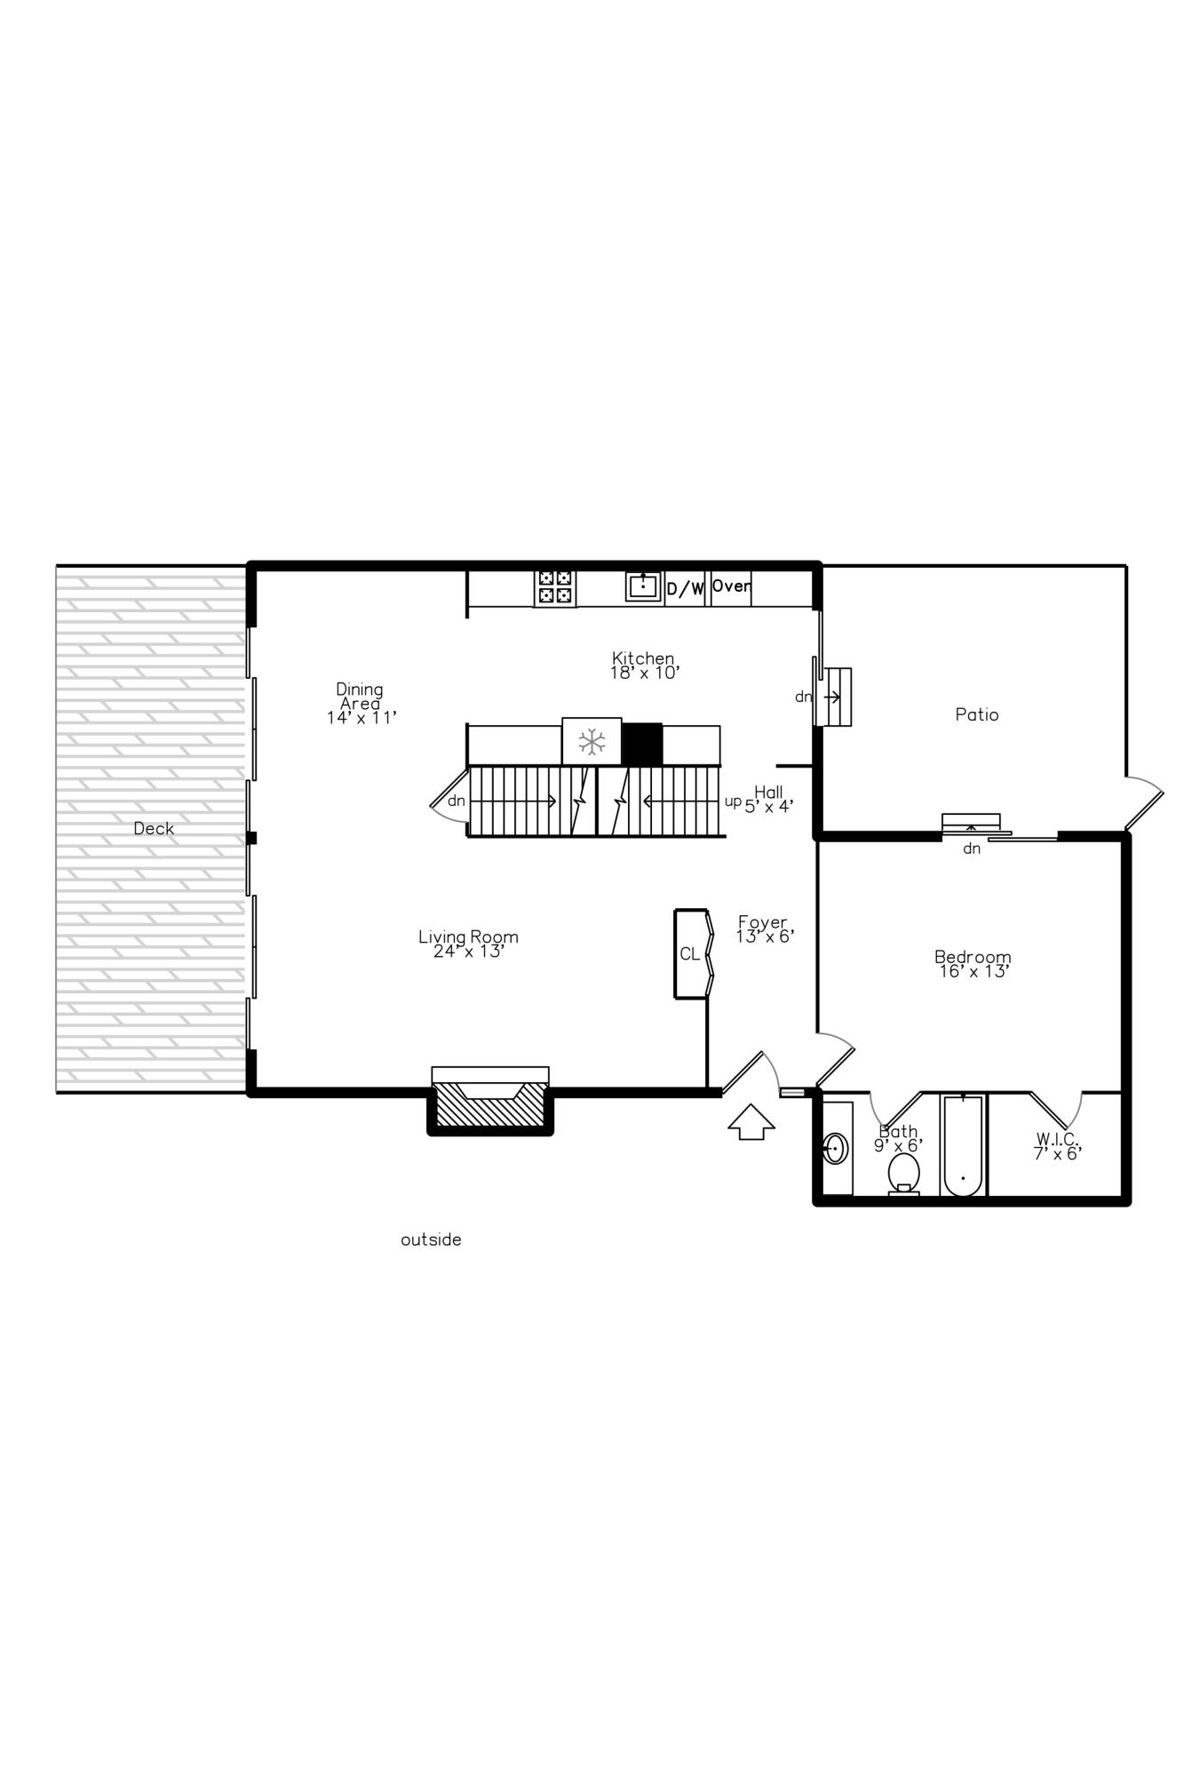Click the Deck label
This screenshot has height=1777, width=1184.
(154, 828)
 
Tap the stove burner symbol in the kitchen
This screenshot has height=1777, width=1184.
(555, 588)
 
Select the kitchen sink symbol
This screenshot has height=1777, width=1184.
(643, 586)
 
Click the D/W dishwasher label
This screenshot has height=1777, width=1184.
(685, 589)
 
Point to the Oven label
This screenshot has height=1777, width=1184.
(731, 586)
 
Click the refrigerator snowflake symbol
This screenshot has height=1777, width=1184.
(592, 742)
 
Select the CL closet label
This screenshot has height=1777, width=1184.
(689, 954)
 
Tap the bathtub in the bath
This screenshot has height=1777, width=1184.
(963, 1146)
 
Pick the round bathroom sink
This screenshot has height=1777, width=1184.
(835, 1148)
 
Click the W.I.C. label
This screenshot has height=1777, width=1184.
(1057, 1146)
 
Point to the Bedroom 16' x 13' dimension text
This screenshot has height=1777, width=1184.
(973, 972)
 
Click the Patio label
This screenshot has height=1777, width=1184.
(977, 714)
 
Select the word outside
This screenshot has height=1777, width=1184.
(431, 1239)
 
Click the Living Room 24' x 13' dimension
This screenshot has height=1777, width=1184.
(469, 952)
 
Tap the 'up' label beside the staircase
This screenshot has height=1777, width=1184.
(733, 801)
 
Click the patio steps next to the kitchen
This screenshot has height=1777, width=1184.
(836, 697)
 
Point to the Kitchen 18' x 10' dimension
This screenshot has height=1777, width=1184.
(644, 673)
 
